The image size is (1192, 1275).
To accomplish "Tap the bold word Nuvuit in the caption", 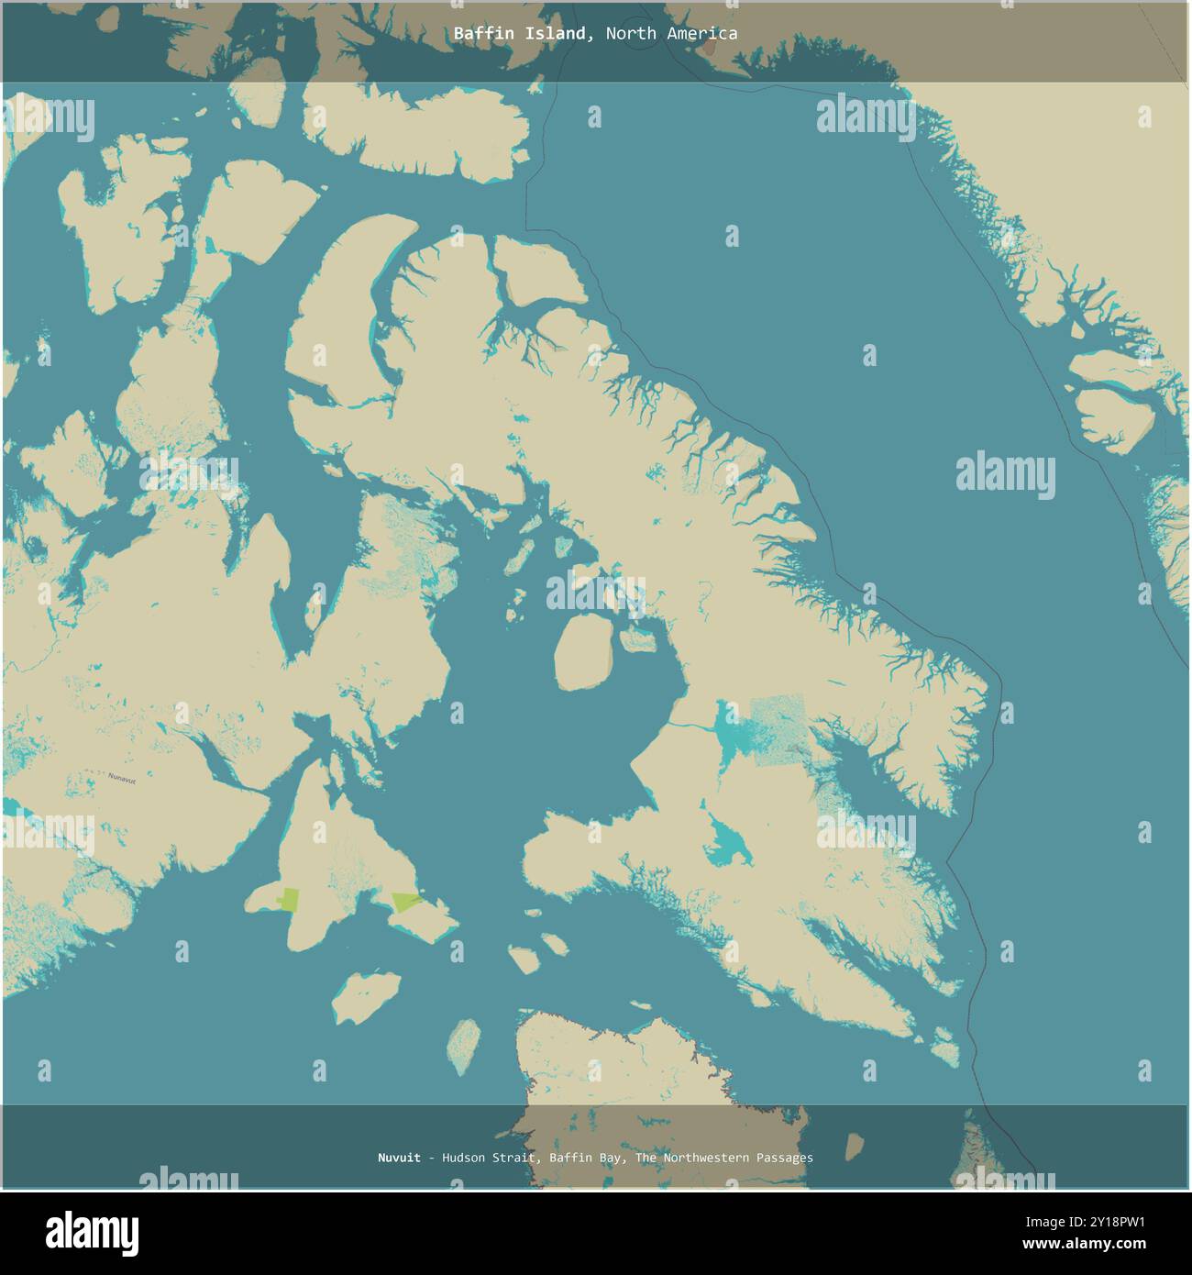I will (x=399, y=1158).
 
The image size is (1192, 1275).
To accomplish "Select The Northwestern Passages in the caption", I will (x=724, y=1158).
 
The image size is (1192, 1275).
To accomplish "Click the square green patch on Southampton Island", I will (x=289, y=899).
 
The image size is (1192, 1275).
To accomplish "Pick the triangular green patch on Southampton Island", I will (x=404, y=902).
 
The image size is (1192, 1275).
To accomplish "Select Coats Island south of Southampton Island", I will (x=366, y=997).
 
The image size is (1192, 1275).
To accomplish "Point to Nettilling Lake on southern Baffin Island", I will (x=734, y=734).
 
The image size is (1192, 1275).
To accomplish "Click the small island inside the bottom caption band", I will (x=854, y=1145).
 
